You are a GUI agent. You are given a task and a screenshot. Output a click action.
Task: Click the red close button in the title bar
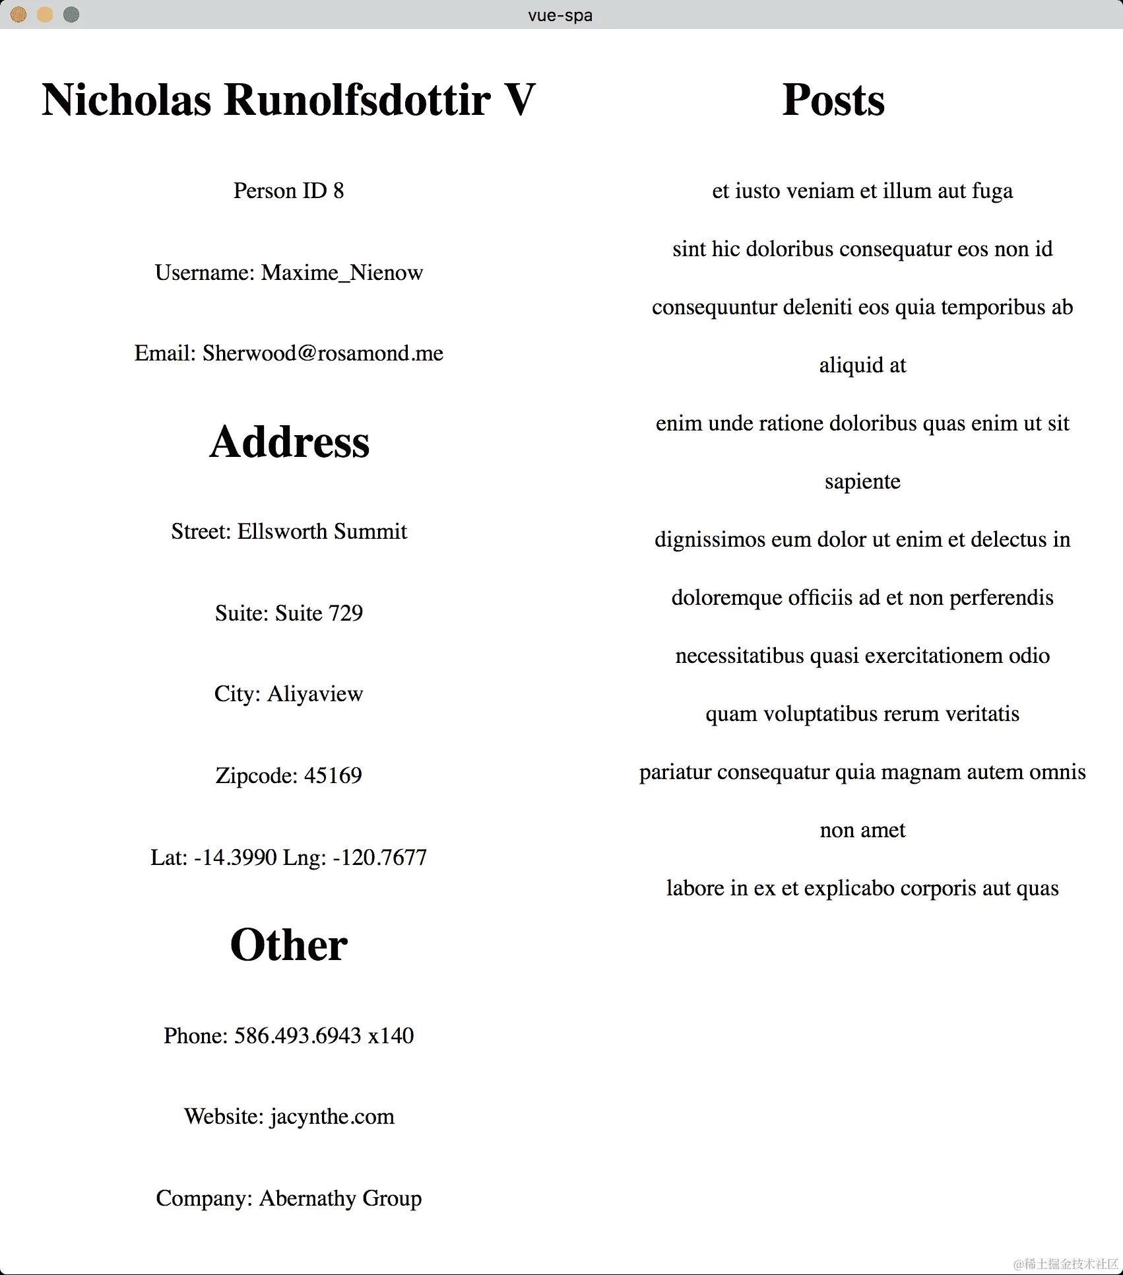(18, 15)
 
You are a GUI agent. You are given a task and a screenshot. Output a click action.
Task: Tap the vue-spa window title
(560, 15)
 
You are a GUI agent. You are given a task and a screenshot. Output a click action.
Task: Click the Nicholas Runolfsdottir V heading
(288, 100)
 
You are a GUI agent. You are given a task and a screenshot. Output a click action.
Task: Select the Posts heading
(833, 100)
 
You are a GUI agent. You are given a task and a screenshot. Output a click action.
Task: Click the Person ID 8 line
(288, 191)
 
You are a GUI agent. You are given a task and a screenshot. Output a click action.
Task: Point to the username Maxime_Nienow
(342, 273)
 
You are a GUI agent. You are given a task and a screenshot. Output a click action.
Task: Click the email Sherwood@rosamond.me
(323, 353)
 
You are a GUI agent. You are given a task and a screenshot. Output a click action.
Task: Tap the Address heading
(289, 442)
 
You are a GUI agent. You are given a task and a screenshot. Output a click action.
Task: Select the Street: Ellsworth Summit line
(289, 532)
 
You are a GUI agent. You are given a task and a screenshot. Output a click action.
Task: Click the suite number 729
(346, 613)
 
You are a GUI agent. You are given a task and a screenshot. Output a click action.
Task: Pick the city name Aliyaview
(315, 694)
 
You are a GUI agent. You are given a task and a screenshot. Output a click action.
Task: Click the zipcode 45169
(333, 775)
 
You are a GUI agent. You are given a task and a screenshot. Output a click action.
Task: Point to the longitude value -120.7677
(379, 858)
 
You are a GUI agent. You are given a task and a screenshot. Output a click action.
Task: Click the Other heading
(289, 945)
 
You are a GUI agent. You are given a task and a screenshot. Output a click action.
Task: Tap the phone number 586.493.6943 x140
(324, 1035)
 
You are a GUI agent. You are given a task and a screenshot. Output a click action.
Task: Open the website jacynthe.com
(332, 1117)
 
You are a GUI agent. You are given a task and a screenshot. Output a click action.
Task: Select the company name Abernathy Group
(340, 1198)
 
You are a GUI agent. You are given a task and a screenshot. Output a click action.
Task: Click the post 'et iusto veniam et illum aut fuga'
(862, 191)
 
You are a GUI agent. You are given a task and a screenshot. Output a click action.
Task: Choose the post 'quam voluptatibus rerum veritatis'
(862, 714)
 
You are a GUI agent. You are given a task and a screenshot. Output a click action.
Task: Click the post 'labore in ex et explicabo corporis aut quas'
(862, 888)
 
